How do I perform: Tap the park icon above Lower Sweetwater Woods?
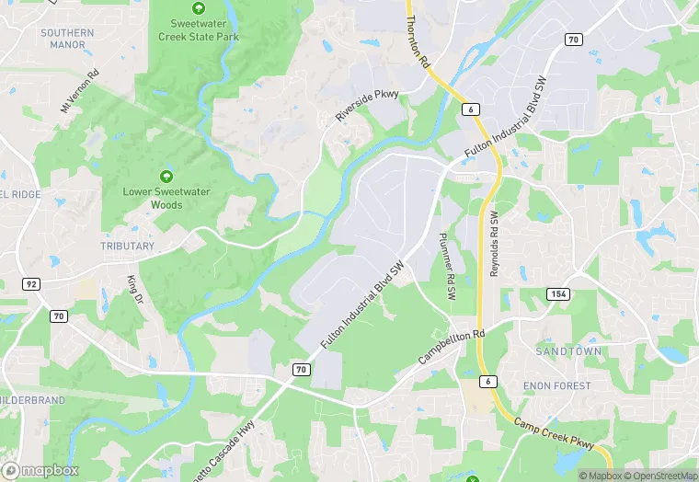pos(166,176)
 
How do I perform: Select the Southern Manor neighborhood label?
pos(67,39)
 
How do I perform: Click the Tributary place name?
pos(127,247)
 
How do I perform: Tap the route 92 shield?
pos(32,284)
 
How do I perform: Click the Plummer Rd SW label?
pos(447,266)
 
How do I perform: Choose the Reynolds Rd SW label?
pos(494,244)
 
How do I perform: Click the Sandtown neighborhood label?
pos(568,352)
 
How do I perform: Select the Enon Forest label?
pos(556,385)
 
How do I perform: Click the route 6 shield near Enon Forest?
pos(487,381)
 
